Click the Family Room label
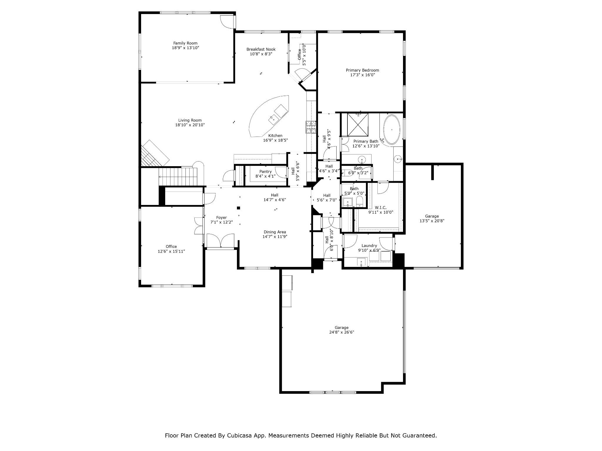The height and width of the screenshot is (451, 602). (x=185, y=43)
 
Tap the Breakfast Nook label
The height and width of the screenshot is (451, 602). (x=261, y=49)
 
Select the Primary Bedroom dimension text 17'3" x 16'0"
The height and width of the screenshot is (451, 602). (x=362, y=75)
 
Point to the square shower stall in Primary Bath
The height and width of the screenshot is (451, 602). (x=358, y=125)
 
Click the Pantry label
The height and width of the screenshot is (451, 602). (x=265, y=172)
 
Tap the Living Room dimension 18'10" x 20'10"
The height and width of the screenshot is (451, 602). (x=190, y=125)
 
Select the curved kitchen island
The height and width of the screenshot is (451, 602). (x=269, y=116)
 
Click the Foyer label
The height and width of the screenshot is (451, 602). (x=221, y=218)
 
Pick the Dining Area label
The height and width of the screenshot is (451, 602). (x=275, y=232)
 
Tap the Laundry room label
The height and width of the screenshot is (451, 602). (x=369, y=246)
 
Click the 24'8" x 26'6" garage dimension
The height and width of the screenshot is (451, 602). (x=342, y=332)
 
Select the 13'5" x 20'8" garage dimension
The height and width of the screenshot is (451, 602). (x=432, y=221)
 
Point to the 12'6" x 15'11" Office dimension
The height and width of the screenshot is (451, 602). (x=171, y=251)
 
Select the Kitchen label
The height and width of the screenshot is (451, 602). (x=275, y=136)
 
